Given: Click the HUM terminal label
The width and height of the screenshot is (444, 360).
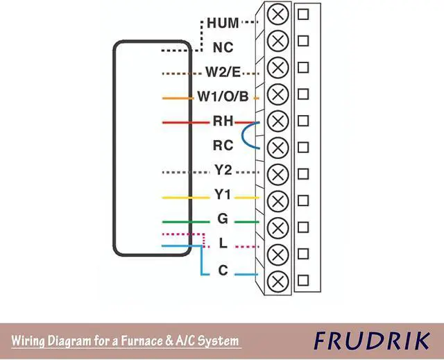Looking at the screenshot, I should [223, 23].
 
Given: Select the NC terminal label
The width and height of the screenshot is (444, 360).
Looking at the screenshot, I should [223, 48].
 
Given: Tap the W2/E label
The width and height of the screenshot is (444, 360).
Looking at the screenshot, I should [222, 71].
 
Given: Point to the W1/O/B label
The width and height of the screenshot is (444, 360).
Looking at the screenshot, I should [222, 97].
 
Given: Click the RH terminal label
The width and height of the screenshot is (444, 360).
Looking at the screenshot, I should [223, 121].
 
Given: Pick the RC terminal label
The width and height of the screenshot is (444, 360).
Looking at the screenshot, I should [223, 146].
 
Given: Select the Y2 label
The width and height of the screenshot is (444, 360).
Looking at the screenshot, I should [223, 171].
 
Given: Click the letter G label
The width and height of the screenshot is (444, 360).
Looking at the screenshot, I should [223, 220].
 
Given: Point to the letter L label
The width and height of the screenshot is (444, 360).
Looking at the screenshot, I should [223, 244].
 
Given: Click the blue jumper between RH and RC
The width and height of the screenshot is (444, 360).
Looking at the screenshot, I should [244, 135].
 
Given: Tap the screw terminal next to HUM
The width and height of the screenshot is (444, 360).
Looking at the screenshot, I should [277, 14].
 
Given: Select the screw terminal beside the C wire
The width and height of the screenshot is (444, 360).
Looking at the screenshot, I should [277, 281].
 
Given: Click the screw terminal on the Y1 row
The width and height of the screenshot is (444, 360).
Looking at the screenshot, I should [277, 201].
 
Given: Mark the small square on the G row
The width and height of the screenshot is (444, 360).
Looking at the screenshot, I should [303, 228].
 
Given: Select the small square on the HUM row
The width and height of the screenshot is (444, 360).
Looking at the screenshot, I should [303, 14].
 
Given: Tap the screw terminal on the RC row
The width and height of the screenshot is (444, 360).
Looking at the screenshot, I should [277, 147].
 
